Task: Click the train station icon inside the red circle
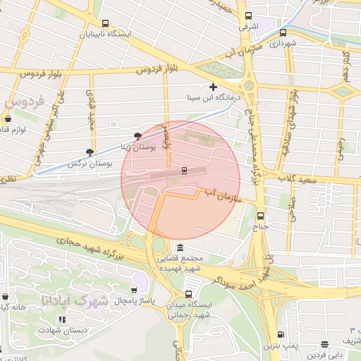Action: coord(185,170)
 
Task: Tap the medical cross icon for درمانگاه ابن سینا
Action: coord(213,87)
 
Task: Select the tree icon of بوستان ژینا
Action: coord(137,137)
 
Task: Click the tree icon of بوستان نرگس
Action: coord(89,152)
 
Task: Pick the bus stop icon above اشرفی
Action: coord(247,16)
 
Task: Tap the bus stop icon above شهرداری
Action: coord(283,32)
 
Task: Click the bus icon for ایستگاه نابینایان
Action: coord(106,23)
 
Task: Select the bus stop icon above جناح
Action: coord(261,216)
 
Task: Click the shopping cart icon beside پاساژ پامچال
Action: coord(135,290)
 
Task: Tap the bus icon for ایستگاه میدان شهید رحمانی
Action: coord(188,295)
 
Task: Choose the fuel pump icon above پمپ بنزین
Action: coord(281,335)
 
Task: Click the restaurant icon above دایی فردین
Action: coord(324,345)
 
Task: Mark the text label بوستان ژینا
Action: coord(123,147)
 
